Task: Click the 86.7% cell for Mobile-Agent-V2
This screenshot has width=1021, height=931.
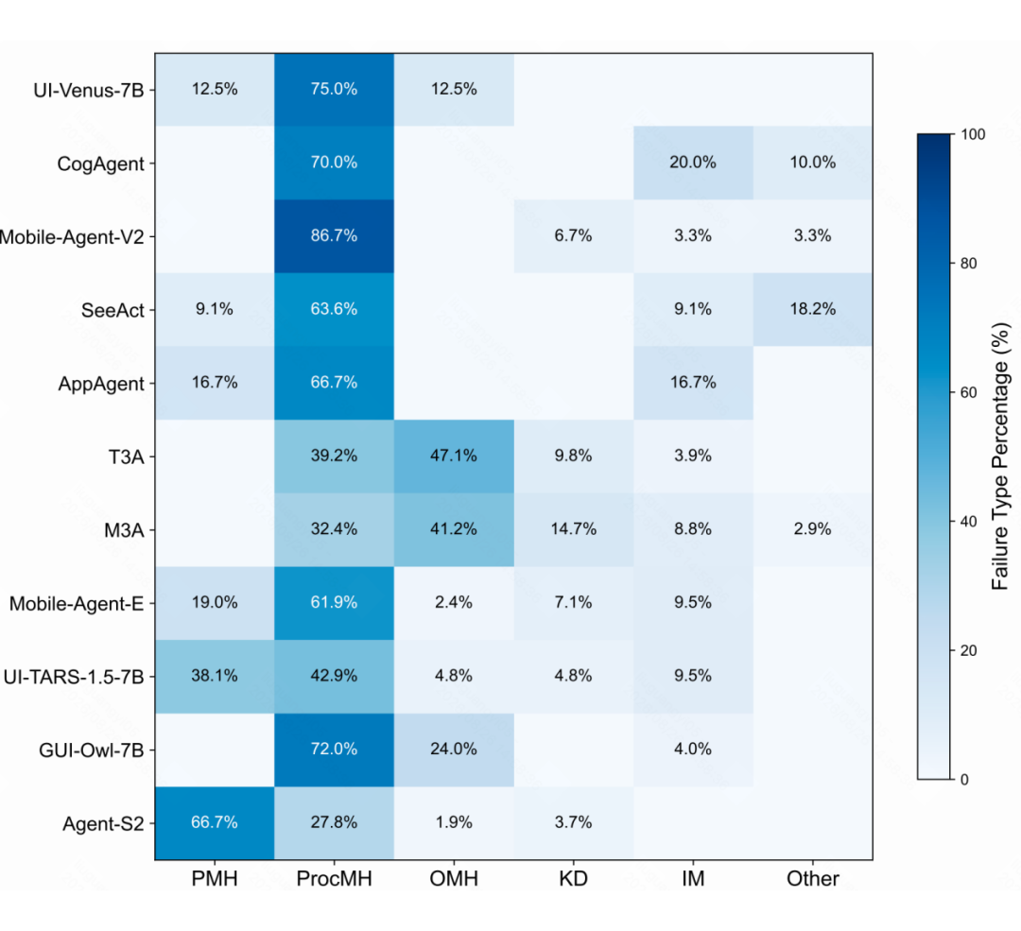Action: (x=334, y=235)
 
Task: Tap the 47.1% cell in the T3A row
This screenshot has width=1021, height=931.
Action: (x=454, y=456)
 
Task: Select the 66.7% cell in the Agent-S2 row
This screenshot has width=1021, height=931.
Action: (x=215, y=823)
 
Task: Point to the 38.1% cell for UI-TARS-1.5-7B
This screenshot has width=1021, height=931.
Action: (x=215, y=676)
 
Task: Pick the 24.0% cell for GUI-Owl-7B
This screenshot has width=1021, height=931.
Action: (x=454, y=750)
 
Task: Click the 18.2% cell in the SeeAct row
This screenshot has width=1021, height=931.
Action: (x=813, y=309)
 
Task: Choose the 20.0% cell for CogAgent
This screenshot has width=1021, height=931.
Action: (x=693, y=163)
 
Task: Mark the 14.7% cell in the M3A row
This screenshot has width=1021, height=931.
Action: (x=574, y=529)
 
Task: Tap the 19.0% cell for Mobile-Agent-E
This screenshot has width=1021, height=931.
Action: (x=215, y=603)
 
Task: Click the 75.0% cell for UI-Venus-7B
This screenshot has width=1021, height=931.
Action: (x=334, y=89)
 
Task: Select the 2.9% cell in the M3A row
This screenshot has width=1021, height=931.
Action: (x=813, y=529)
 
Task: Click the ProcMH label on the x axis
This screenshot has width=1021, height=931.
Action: (x=334, y=879)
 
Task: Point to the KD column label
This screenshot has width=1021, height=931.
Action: (x=574, y=879)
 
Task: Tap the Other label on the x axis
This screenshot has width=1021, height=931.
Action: (x=813, y=879)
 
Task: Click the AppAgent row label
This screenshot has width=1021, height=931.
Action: (x=101, y=384)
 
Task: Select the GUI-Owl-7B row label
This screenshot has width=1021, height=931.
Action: (x=91, y=750)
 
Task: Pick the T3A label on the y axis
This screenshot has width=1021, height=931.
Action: (x=126, y=457)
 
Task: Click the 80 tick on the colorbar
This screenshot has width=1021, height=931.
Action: (x=968, y=263)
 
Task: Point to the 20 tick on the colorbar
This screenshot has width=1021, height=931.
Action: (x=968, y=650)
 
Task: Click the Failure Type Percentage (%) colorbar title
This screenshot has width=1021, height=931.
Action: (x=1000, y=457)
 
